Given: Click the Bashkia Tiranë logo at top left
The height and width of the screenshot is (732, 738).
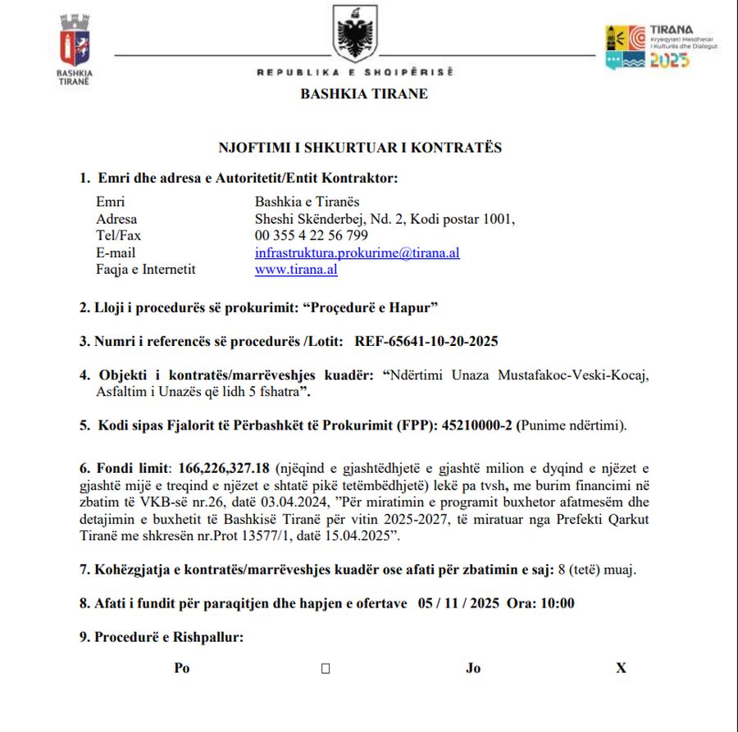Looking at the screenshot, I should click(75, 45).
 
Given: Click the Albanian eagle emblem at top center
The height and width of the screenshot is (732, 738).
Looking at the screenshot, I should click(356, 35).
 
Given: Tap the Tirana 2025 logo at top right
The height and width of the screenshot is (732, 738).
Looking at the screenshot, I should click(661, 47).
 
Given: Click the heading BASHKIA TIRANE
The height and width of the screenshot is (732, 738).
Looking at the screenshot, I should click(364, 93).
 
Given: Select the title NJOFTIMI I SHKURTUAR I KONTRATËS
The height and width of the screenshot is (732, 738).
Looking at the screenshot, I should click(360, 148).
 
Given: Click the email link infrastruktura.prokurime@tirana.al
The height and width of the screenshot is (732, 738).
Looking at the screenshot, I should click(357, 252).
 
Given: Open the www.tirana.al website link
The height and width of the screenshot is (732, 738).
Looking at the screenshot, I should click(296, 269).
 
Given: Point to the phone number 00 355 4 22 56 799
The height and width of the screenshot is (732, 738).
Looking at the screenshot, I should click(311, 236).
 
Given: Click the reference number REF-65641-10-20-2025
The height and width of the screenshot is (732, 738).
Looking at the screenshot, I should click(426, 341).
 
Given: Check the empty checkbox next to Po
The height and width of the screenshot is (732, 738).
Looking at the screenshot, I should click(326, 668).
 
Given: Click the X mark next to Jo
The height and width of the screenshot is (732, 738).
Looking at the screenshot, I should click(621, 668).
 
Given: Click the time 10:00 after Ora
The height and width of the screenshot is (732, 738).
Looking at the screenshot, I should click(558, 603).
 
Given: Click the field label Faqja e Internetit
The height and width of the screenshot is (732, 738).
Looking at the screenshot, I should click(146, 269).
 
